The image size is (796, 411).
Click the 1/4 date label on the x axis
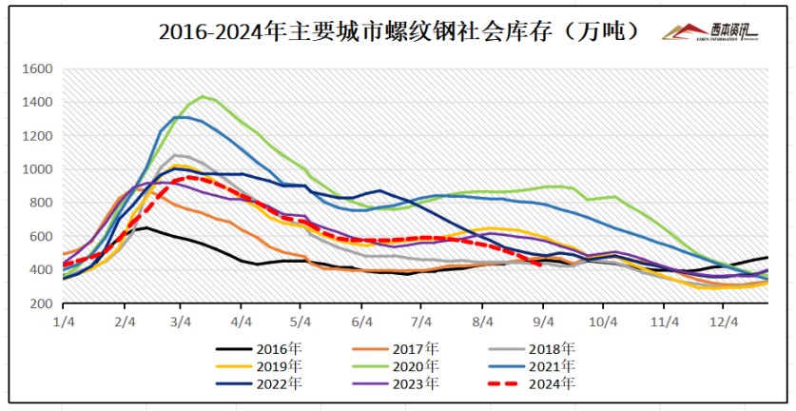[64, 322]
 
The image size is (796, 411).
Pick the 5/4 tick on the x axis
[300, 322]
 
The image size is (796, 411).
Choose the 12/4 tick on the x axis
[725, 322]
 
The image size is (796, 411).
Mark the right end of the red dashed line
[541, 265]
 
